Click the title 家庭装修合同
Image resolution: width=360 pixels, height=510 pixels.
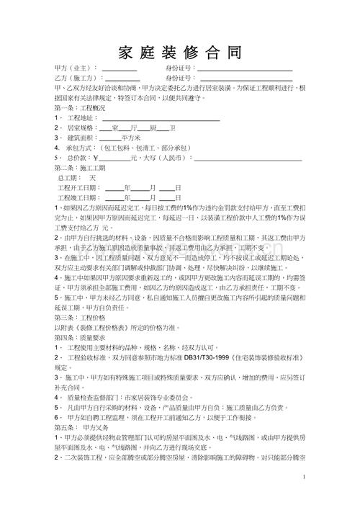[179, 52]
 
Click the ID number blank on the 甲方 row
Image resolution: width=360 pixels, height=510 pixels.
[246, 69]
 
